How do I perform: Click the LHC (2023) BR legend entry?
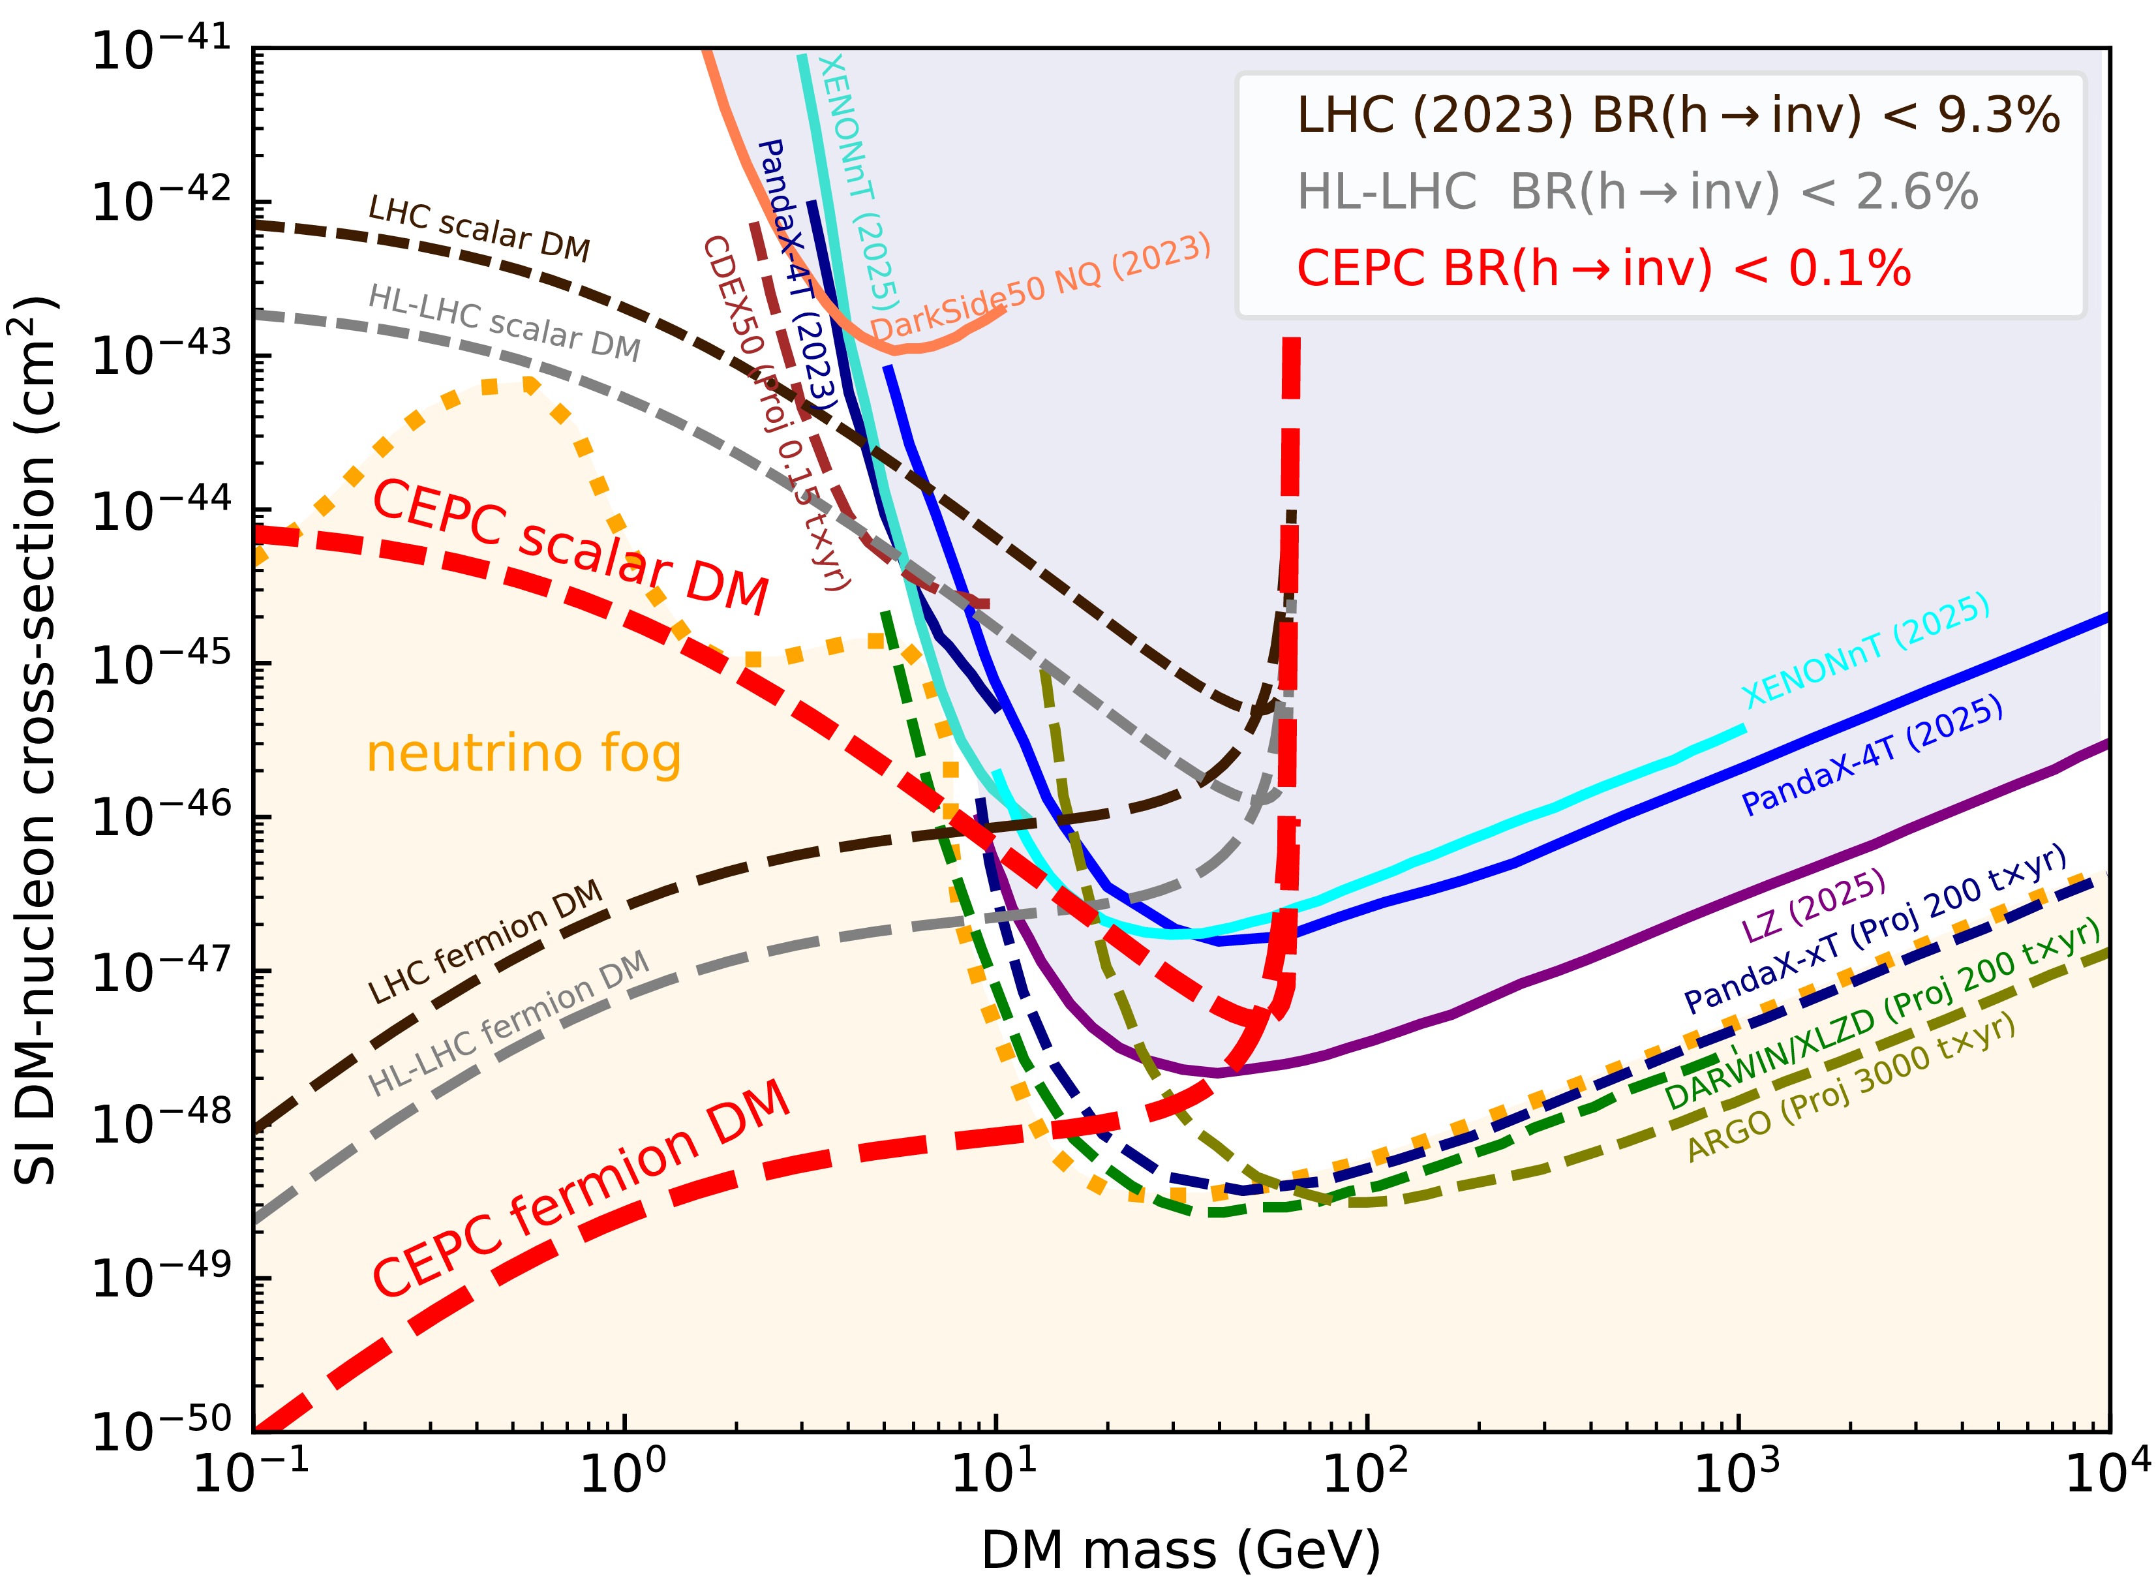(x=1677, y=115)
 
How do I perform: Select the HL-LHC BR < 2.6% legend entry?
(x=1636, y=192)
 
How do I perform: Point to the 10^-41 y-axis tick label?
(x=160, y=50)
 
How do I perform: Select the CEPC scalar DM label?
(x=571, y=549)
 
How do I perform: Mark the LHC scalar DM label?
(x=479, y=228)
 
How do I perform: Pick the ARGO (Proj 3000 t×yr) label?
(x=1852, y=1088)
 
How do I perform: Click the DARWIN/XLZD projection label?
(x=1883, y=1013)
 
